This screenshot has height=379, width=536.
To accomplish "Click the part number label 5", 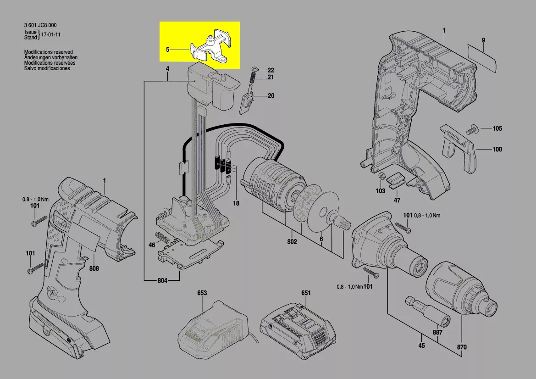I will tap(168, 49).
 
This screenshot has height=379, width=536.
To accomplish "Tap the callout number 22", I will tap(271, 70).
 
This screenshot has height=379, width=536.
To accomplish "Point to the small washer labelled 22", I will tap(255, 70).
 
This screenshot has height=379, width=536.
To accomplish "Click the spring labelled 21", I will tap(252, 78).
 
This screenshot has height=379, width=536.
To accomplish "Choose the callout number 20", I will tap(271, 96).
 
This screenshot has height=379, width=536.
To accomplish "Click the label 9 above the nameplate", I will tap(483, 41).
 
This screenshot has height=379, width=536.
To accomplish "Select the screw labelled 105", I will tap(473, 129).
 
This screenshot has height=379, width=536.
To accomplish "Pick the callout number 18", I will tap(236, 203).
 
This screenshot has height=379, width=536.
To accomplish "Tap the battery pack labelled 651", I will tap(296, 328).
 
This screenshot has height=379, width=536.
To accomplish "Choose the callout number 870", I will tap(462, 348).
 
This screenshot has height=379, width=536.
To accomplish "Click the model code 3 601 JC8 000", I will tap(40, 25).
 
